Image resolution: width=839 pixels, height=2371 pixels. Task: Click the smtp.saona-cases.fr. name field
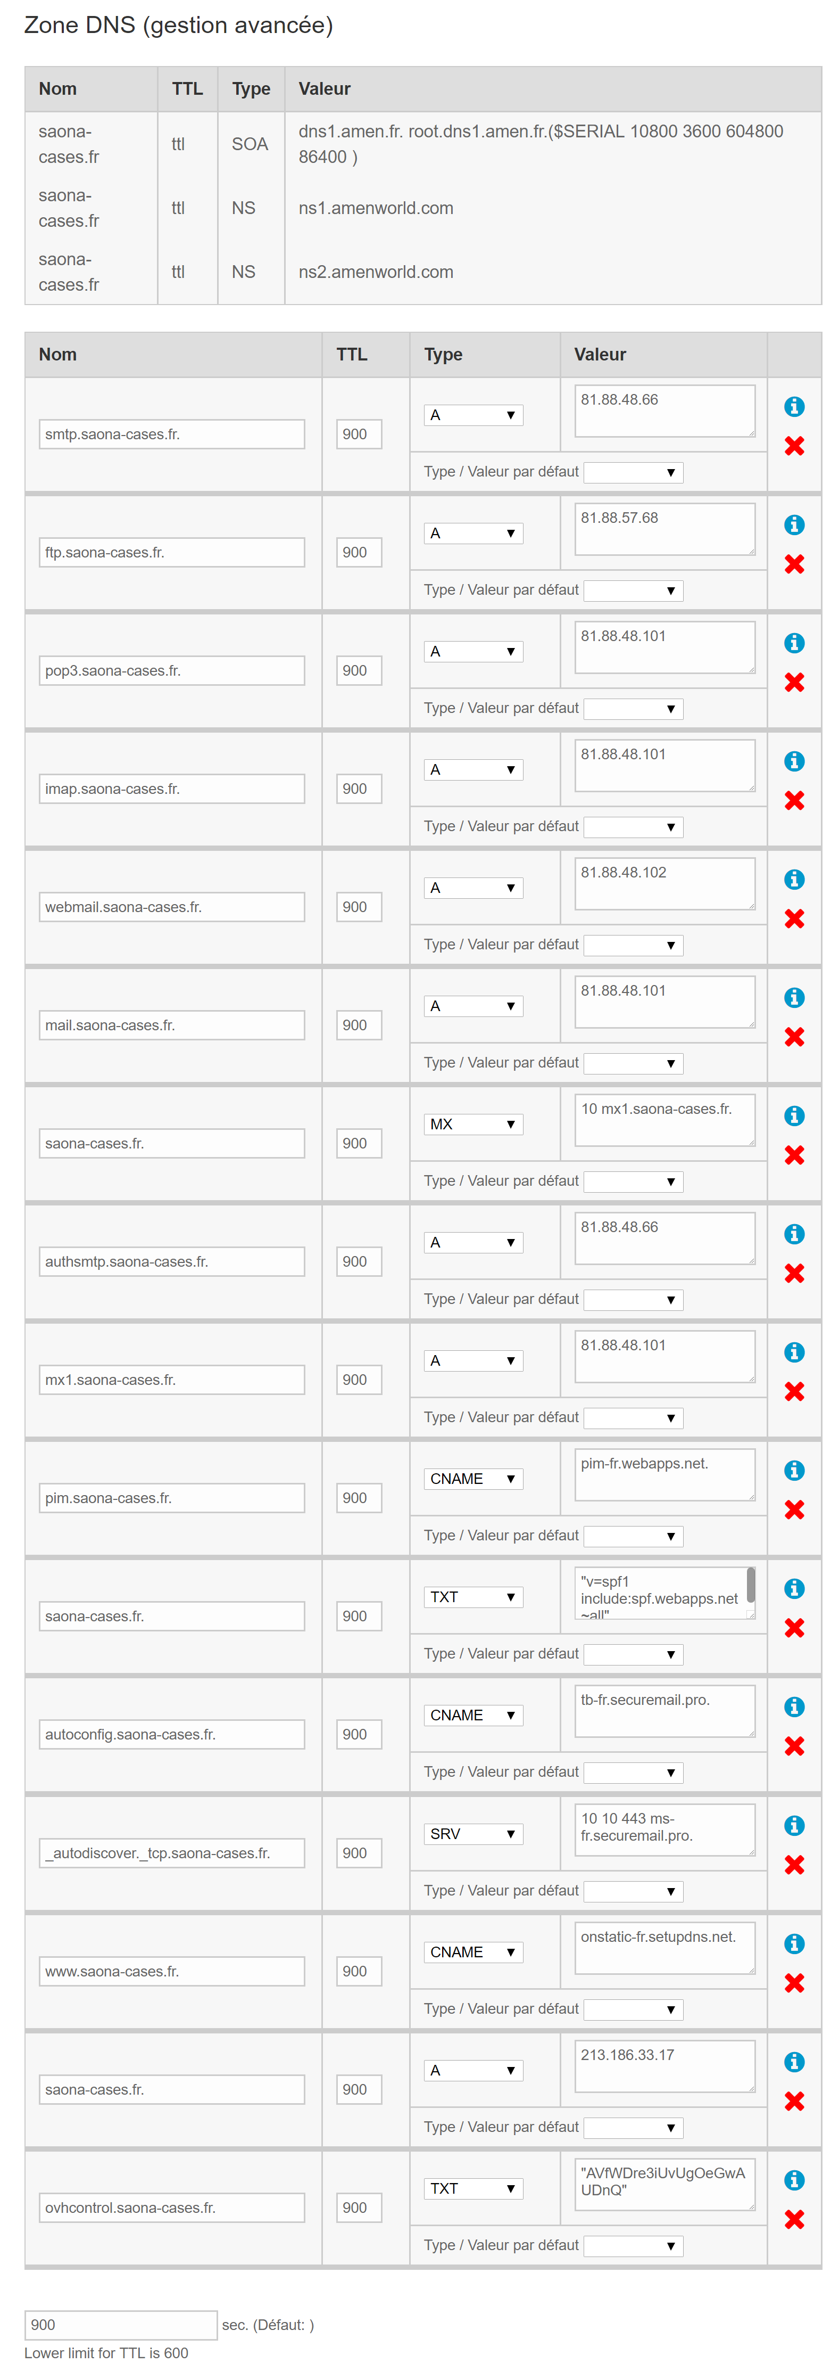[x=171, y=434]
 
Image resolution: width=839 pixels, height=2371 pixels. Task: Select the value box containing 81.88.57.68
[x=664, y=528]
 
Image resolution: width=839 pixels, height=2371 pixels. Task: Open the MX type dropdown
[x=473, y=1124]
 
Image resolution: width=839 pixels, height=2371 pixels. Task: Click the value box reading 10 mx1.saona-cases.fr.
[x=664, y=1119]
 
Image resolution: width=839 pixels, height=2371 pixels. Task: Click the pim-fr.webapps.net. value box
[x=664, y=1474]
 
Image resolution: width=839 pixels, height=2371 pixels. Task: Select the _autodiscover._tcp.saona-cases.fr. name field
[x=171, y=1853]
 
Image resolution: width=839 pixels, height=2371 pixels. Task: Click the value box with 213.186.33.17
[x=664, y=2065]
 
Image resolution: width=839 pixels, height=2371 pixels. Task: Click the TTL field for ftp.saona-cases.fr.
[x=359, y=552]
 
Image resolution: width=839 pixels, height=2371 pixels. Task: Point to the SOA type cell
[x=250, y=144]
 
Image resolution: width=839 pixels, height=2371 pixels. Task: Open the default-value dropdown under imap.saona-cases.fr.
[x=633, y=826]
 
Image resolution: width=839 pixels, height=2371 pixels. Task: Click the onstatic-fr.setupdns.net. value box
[x=664, y=1947]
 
